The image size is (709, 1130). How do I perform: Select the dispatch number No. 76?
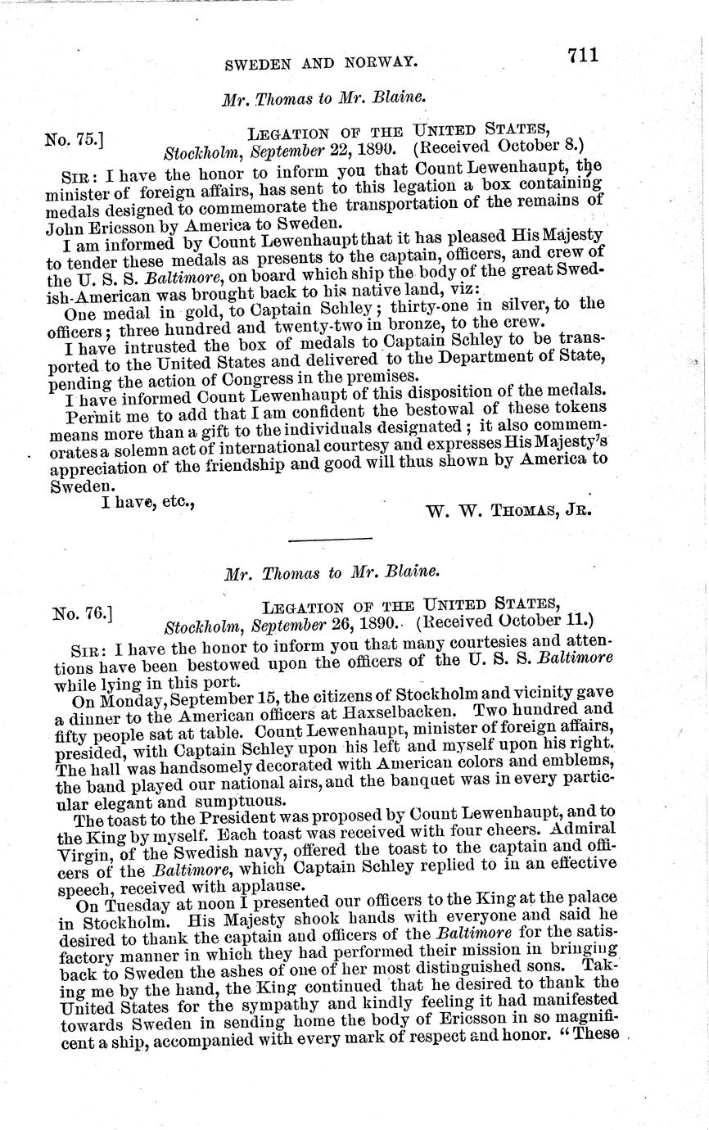coord(81,612)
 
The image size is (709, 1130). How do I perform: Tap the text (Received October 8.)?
coord(497,147)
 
